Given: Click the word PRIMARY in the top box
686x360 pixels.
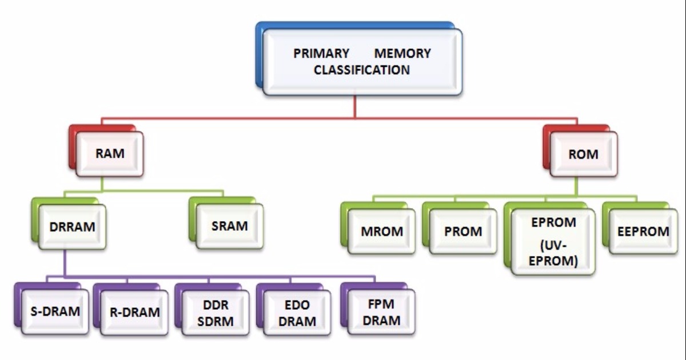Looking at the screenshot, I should tap(321, 54).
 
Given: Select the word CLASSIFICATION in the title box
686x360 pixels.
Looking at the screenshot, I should tap(362, 70).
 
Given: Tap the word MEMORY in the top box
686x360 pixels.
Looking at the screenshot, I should tap(402, 54).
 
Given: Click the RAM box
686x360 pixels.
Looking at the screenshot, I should tap(110, 154).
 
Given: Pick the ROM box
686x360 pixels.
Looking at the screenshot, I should tap(583, 154).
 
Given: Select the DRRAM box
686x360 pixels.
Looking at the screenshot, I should tap(71, 226).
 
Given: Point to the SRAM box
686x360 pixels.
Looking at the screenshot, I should tap(229, 226).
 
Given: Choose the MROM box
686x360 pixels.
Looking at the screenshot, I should tap(382, 232).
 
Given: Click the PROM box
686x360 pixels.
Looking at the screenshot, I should tap(463, 232).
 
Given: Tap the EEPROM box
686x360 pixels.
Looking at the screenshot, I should tap(643, 232).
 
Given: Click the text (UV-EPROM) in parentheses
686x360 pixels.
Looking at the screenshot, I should tap(553, 254).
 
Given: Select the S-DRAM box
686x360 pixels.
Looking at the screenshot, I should tap(55, 312).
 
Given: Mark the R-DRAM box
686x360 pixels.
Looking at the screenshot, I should tap(134, 312).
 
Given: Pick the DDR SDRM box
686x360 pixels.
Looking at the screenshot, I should tap(216, 312).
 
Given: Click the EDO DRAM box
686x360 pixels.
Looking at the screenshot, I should tap(298, 312).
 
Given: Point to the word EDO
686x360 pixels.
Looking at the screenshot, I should tap(298, 304).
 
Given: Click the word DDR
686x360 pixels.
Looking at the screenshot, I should tap(216, 304).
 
